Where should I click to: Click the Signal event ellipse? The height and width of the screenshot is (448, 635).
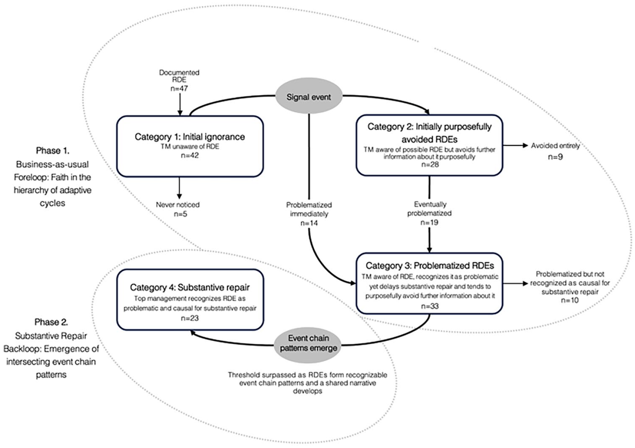click(309, 96)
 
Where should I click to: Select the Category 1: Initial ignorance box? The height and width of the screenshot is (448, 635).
click(190, 146)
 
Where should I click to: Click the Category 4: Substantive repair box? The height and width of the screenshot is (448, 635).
click(190, 300)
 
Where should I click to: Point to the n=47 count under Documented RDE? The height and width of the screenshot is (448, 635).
click(179, 89)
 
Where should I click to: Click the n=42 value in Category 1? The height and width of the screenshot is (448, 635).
click(190, 155)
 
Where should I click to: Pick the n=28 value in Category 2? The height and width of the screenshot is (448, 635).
click(430, 164)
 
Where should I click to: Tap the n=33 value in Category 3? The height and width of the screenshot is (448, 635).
click(430, 306)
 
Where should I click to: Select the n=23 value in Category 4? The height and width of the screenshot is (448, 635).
click(190, 318)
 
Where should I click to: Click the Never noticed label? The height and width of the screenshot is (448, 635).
click(178, 205)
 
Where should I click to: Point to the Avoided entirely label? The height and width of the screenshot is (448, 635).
click(555, 146)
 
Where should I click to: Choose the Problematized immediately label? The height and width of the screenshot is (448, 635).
click(309, 209)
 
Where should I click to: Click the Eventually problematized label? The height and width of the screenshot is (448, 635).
click(429, 209)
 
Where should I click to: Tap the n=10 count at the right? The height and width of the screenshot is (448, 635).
click(570, 300)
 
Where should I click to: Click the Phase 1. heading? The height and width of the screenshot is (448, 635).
click(52, 151)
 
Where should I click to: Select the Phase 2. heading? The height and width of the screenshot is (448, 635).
click(51, 322)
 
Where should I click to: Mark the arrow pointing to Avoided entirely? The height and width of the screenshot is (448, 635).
click(515, 146)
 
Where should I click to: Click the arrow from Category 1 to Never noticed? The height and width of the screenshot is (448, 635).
click(179, 188)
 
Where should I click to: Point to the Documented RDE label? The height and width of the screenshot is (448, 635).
click(179, 76)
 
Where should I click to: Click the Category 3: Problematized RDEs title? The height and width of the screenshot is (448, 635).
click(430, 266)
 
